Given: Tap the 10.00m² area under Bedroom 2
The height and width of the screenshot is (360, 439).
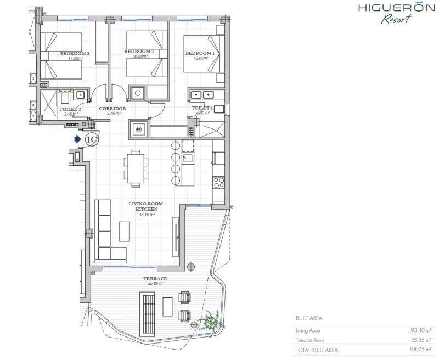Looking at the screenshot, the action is pos(140,57).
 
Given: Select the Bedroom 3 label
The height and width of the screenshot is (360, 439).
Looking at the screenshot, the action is pos(75,53).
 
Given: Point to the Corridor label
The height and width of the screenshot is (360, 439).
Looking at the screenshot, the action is pos(112,109).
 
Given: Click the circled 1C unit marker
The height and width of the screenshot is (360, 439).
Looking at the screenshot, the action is pos(92,139).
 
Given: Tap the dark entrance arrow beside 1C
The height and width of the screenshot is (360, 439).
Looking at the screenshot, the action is pos(77,139).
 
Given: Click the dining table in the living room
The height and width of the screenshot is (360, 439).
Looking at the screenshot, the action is pos(136,168).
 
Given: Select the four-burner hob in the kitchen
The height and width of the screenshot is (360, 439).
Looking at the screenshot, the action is pos(218,183).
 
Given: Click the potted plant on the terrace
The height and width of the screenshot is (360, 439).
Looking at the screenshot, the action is pos(211,322).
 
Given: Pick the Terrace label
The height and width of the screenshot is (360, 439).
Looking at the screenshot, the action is pos(155,279).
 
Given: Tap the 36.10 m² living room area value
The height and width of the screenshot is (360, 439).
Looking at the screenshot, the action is pos(147,215).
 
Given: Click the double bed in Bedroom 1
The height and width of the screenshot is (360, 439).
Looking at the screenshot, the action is pos(204,54).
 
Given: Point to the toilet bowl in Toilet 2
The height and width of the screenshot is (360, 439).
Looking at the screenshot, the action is pos(65,98).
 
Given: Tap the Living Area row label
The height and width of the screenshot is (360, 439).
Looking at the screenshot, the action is pos(308,330).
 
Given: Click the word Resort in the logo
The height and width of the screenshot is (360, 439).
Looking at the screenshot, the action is pos(396,19).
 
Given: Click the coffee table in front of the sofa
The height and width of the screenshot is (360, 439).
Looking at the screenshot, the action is pos(125,232).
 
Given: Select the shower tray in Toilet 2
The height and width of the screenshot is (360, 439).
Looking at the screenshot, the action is pos(49,105).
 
